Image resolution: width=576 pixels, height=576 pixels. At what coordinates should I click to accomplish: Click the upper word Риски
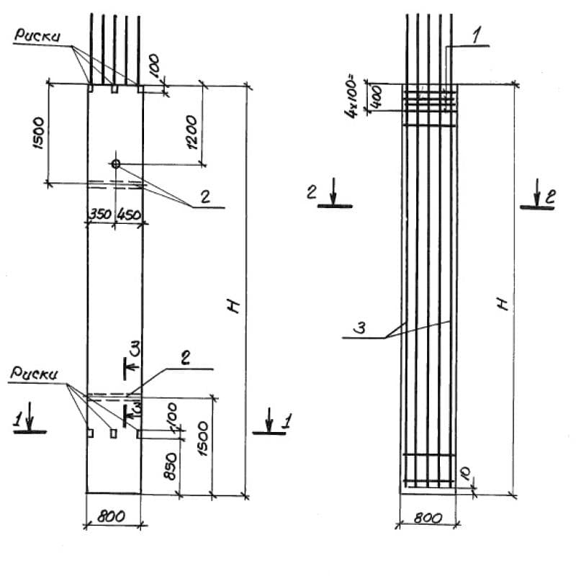[37, 35]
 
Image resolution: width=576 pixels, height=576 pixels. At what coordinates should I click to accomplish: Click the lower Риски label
[34, 373]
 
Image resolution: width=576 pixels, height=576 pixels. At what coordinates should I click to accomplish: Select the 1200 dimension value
[192, 132]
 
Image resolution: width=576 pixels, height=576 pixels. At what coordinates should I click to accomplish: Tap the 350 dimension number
[100, 214]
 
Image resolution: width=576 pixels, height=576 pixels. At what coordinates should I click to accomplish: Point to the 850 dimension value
[170, 466]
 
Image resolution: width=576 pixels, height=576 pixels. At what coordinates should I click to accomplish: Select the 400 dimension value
[377, 97]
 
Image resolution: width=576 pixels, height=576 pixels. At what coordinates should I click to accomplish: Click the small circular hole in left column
[116, 164]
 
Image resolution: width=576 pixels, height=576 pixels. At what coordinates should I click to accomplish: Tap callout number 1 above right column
[476, 37]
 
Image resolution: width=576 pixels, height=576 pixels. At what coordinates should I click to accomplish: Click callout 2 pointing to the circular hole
[205, 197]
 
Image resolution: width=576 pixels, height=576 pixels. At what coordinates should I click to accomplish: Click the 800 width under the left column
[111, 516]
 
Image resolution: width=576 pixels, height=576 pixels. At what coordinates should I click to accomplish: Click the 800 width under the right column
[428, 518]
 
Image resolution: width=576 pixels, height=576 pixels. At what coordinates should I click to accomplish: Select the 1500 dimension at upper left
[38, 133]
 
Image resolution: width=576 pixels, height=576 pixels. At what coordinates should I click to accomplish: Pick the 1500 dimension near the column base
[202, 438]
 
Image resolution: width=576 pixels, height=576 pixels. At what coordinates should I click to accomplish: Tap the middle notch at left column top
[114, 89]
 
